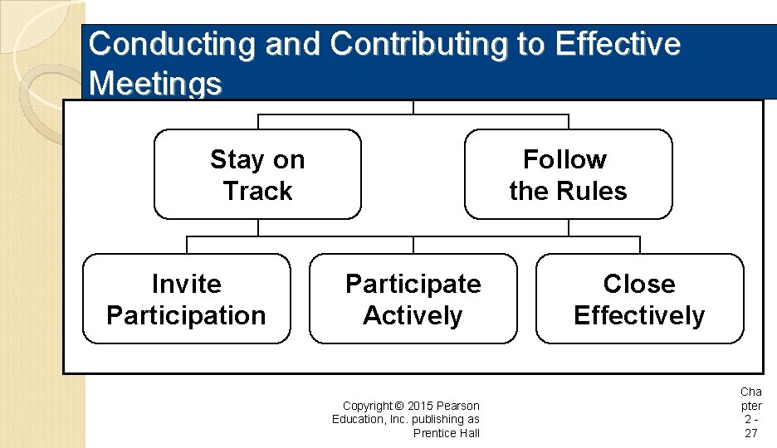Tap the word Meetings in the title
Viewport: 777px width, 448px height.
click(x=155, y=83)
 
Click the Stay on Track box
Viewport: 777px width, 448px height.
click(x=257, y=174)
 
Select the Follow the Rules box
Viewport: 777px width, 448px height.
click(x=568, y=174)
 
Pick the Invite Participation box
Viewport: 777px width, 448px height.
click(x=186, y=299)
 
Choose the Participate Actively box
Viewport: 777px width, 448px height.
click(x=413, y=299)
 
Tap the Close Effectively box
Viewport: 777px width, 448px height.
click(x=639, y=299)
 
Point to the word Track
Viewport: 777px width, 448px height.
click(x=257, y=191)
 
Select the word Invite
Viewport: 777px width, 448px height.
click(x=186, y=284)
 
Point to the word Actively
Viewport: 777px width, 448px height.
click(x=413, y=315)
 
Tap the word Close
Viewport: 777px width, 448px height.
click(x=639, y=284)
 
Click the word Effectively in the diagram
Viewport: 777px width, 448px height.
click(x=639, y=315)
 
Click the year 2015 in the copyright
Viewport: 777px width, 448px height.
click(x=422, y=406)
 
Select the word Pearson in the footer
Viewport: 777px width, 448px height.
click(x=459, y=406)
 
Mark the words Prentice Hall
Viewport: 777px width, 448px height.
click(x=447, y=433)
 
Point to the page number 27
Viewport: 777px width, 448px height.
click(x=750, y=433)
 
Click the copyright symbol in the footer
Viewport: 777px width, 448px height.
click(x=399, y=406)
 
